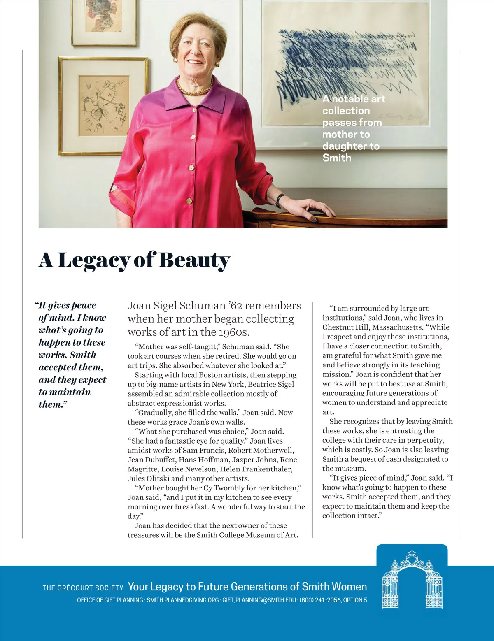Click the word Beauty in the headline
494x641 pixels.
[194, 260]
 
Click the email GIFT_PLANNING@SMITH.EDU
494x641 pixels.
[259, 600]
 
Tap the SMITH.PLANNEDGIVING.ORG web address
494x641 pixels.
[182, 600]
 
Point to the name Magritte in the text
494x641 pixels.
[143, 469]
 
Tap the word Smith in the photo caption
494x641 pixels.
[337, 158]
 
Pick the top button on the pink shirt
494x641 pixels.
[194, 110]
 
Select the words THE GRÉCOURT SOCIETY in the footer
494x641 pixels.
[84, 588]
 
